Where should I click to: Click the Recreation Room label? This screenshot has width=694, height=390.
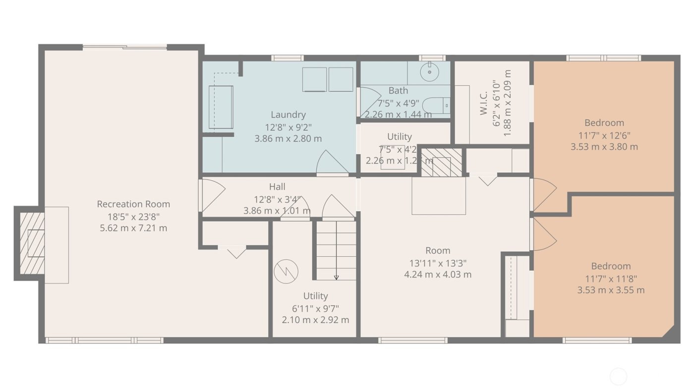133,204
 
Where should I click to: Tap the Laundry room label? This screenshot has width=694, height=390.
288,115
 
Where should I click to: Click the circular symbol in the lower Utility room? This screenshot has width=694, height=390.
287,271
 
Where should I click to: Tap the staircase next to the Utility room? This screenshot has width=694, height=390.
337,250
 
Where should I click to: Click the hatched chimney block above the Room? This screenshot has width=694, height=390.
441,162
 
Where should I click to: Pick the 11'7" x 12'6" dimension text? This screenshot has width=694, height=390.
604,135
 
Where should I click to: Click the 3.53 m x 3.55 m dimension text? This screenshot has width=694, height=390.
611,290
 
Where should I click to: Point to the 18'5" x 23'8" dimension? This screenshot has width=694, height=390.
133,217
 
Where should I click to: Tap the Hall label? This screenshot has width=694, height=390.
277,187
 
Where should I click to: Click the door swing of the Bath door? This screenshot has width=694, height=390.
369,101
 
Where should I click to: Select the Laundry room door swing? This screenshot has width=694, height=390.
332,163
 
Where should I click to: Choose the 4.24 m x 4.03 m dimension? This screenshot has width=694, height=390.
438,275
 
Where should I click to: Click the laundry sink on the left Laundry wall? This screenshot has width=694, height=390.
221,107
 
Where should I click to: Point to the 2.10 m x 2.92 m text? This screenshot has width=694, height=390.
315,320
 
